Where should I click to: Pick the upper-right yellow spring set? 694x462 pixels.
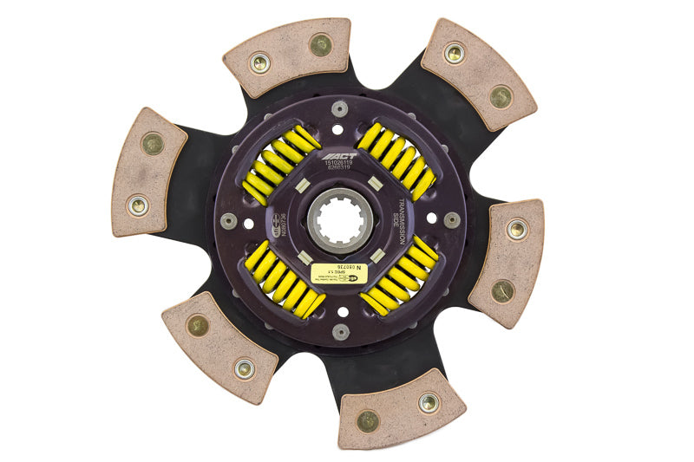coord(397,161)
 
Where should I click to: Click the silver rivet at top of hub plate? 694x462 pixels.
coord(339,108)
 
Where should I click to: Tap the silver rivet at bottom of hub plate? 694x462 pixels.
coord(341,331)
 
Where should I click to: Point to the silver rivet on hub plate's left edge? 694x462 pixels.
coord(229,221)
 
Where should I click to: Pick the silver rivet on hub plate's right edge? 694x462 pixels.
coord(451,220)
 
